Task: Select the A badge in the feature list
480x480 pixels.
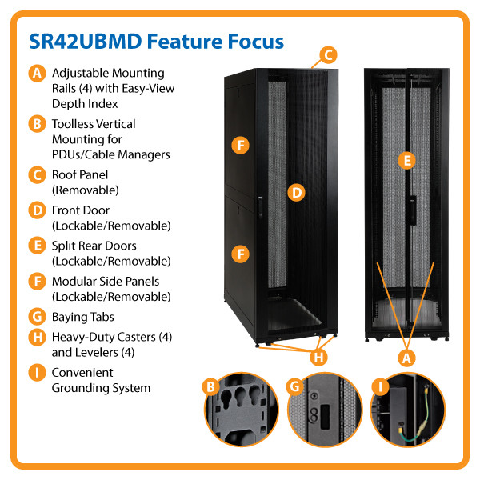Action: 36,74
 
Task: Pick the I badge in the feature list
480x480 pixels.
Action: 36,373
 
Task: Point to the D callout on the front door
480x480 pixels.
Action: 296,192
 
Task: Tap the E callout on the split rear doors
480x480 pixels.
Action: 407,161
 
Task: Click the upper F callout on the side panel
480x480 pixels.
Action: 239,145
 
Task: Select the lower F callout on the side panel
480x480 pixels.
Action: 239,254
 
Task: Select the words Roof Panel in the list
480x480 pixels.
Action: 80,174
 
